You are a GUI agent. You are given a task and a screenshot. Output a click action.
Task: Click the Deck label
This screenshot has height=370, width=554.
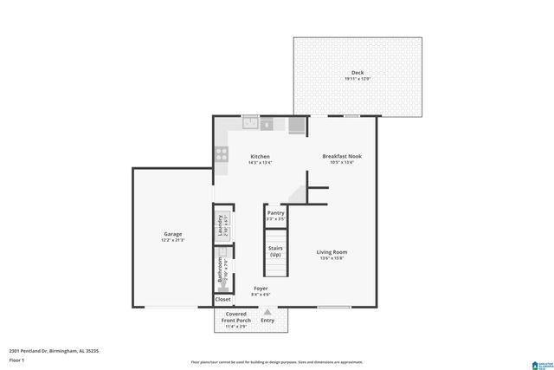[358, 72]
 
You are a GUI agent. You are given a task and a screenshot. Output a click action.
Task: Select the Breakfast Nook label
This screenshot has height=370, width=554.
[342, 156]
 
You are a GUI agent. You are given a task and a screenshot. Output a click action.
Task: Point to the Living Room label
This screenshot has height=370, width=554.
[333, 251]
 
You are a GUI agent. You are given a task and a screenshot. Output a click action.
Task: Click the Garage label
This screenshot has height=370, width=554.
[173, 233]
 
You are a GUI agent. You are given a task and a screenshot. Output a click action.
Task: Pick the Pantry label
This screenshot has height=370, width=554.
[275, 212]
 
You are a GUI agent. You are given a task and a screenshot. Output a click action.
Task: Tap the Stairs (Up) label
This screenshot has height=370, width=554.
[275, 251]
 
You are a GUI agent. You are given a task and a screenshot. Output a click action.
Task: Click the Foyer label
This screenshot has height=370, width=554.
[261, 288]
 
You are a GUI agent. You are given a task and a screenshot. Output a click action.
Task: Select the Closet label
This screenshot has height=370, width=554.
[222, 299]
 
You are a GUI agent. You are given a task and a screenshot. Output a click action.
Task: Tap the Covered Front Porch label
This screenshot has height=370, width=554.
[236, 316]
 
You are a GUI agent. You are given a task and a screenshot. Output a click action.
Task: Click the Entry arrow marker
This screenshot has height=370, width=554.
[267, 312]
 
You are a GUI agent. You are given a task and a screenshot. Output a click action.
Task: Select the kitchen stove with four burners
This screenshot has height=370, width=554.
[222, 154]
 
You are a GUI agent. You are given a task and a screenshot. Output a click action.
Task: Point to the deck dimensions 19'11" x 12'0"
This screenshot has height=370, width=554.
[358, 79]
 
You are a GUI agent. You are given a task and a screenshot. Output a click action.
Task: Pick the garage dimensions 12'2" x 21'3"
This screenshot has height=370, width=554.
[173, 240]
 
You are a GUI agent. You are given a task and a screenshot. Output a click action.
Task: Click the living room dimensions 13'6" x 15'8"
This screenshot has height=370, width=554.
[333, 258]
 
